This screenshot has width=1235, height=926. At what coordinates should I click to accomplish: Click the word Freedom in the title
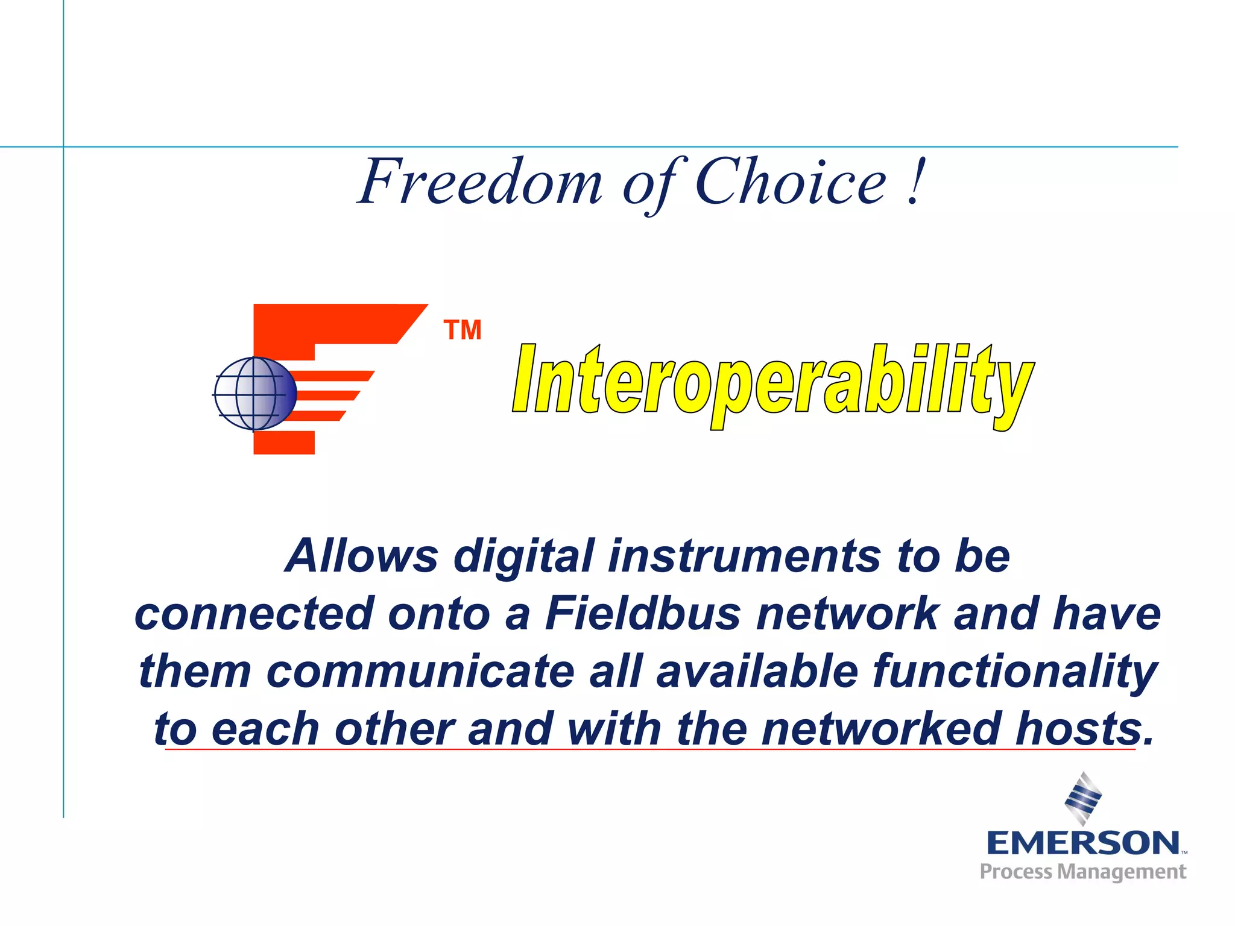(480, 182)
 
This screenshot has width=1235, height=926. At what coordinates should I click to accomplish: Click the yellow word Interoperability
(772, 383)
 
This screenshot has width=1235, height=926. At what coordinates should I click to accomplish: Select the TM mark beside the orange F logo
(463, 330)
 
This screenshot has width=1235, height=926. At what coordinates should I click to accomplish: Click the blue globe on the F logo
(255, 394)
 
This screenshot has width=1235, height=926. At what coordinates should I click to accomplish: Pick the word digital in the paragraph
(523, 556)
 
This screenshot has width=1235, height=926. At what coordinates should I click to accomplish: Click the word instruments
(744, 556)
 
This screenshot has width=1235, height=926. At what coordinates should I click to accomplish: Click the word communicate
(420, 672)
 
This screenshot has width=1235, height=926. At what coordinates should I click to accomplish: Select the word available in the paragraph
(757, 672)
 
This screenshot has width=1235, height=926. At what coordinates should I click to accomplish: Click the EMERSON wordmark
(1083, 842)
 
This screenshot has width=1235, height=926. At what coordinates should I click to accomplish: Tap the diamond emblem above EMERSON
(1083, 798)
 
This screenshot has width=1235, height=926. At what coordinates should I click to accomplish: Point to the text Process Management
(1083, 872)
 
